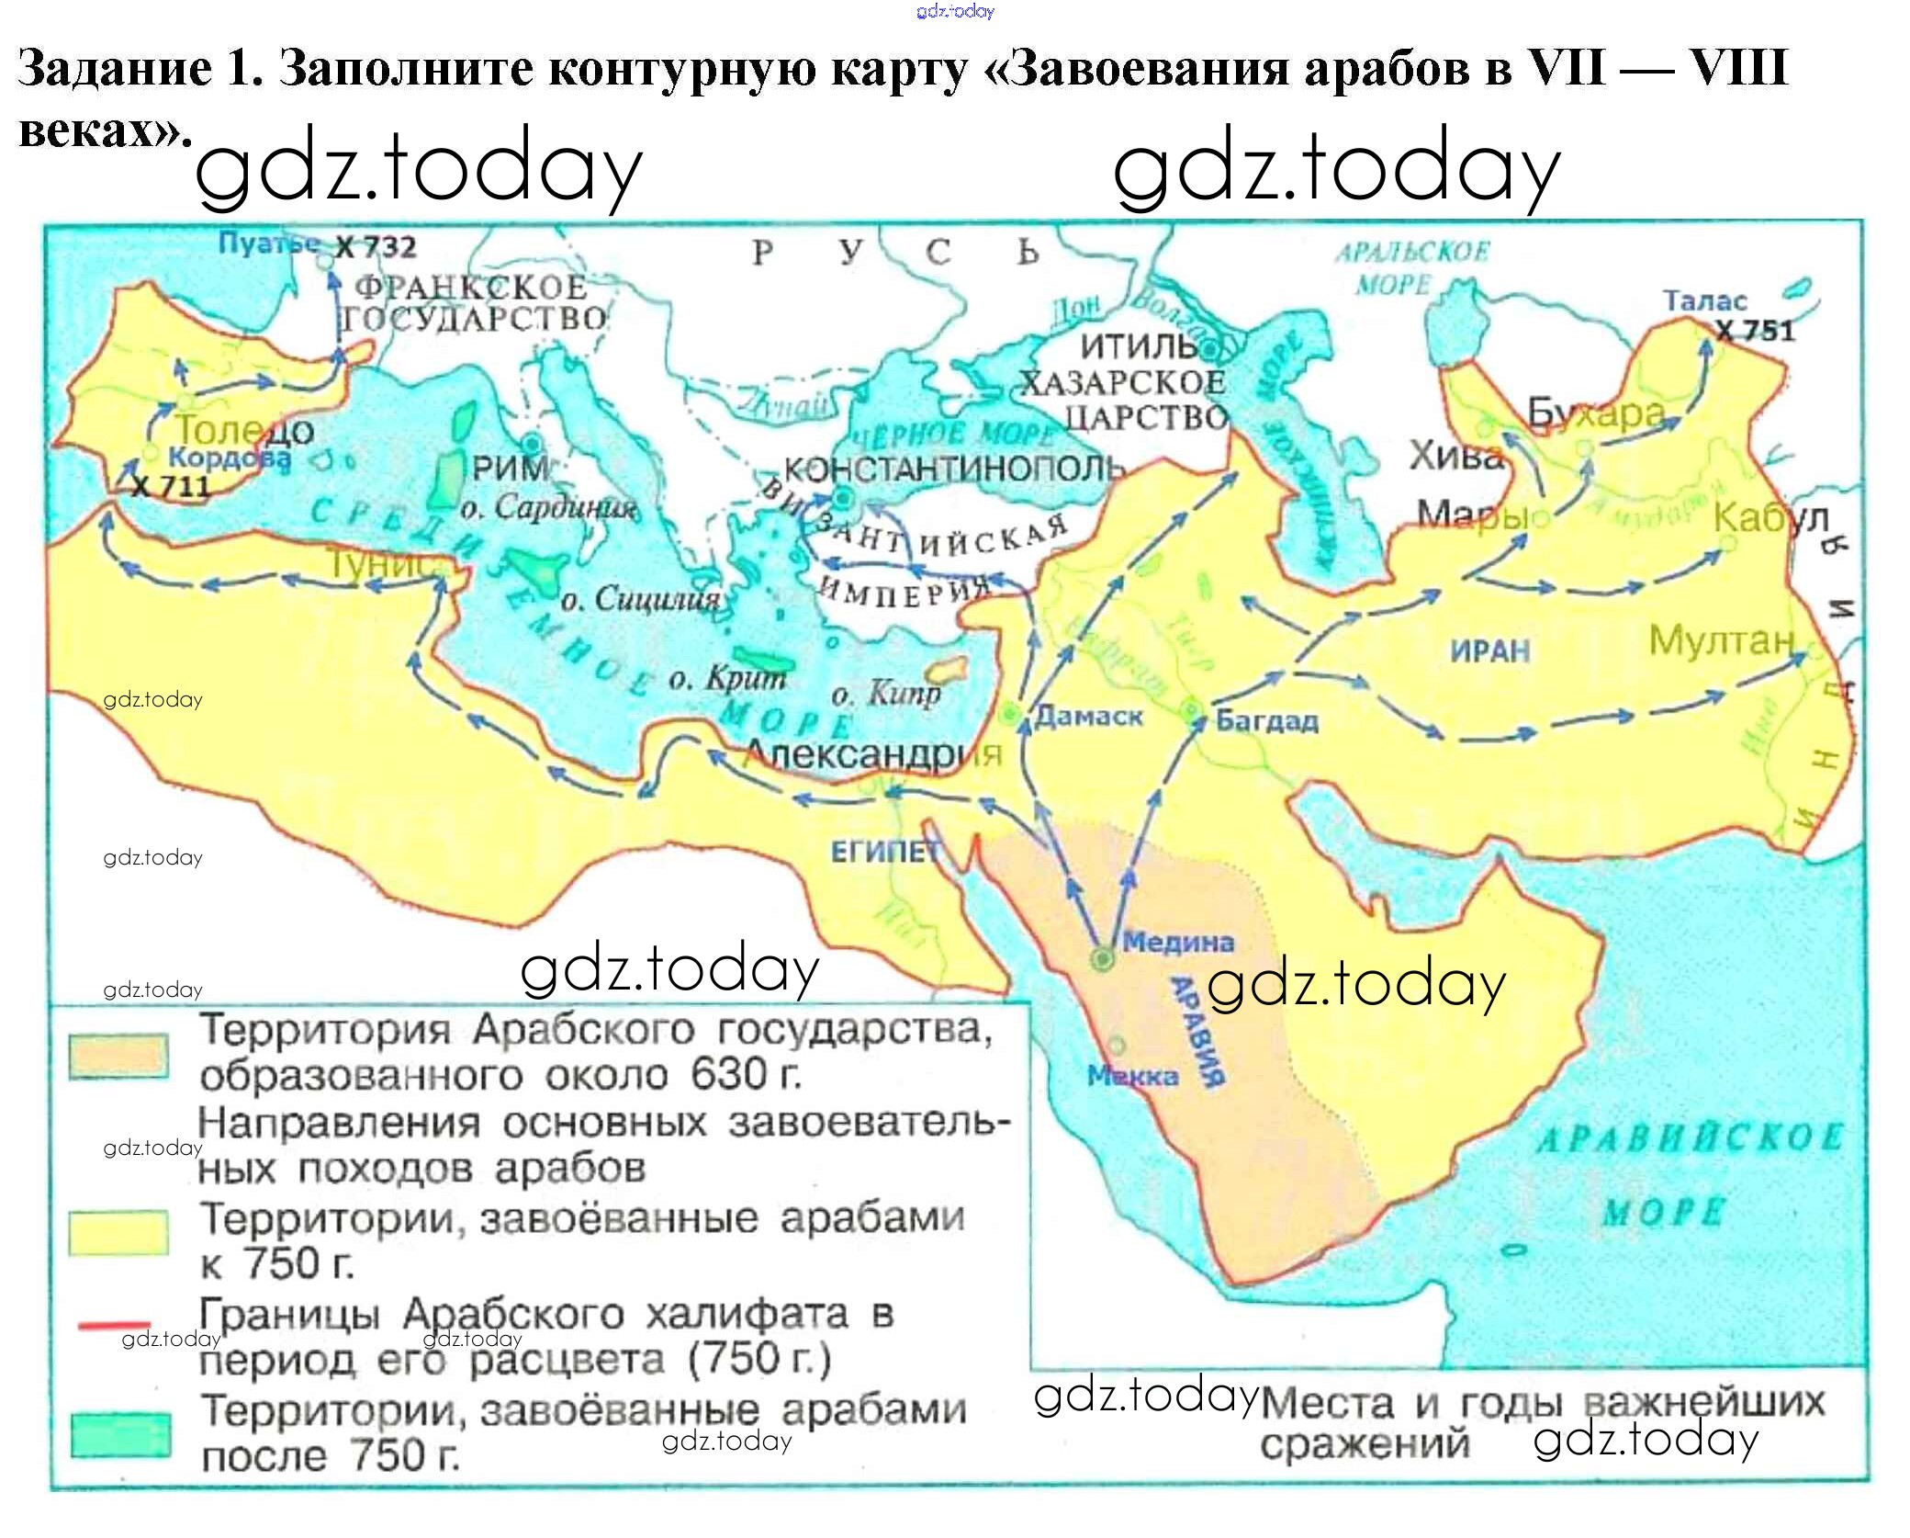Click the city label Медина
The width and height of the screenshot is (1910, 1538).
click(x=1178, y=942)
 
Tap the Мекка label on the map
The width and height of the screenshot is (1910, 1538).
click(x=1132, y=1076)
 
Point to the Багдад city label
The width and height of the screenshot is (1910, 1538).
click(x=1266, y=720)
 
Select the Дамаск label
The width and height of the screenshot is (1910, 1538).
click(x=1088, y=717)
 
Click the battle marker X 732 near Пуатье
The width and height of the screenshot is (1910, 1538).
click(x=376, y=247)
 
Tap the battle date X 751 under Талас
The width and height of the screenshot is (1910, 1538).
click(x=1755, y=331)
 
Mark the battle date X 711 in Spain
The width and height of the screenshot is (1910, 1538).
click(x=171, y=486)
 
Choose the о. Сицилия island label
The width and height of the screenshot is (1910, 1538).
click(x=640, y=600)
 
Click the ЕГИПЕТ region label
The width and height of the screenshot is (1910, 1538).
click(x=884, y=853)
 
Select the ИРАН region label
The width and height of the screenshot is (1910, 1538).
click(x=1489, y=651)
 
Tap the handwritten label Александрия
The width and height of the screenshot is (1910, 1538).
click(x=872, y=754)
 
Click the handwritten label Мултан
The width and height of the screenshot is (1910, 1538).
click(x=1721, y=640)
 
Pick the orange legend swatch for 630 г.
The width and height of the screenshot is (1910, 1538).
click(x=118, y=1056)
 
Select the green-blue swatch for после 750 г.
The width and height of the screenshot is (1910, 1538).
click(x=120, y=1434)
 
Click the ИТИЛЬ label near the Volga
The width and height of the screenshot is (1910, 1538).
click(x=1138, y=346)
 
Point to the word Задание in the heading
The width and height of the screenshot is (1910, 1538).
click(x=114, y=68)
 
